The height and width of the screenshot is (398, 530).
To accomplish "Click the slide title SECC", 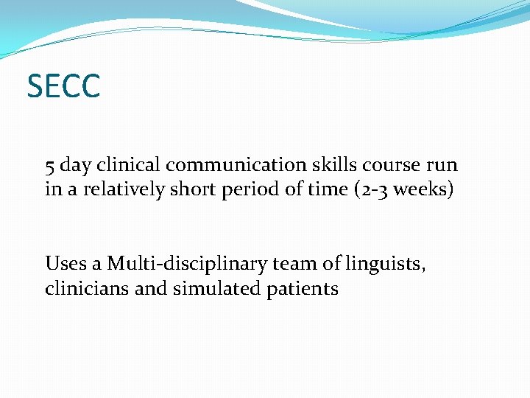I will click(63, 86).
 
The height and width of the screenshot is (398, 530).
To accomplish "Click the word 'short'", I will click(194, 189).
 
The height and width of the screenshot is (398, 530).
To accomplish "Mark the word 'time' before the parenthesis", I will click(325, 189).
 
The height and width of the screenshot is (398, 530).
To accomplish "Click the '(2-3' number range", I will click(372, 189).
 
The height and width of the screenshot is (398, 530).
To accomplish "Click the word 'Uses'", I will click(66, 263).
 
